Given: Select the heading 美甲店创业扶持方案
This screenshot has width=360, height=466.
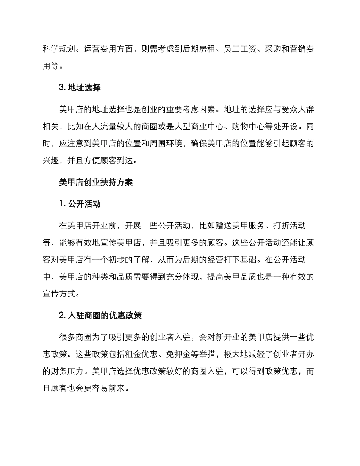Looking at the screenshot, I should pyautogui.click(x=96, y=182).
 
